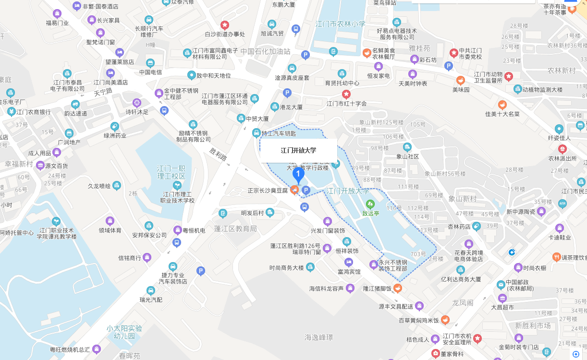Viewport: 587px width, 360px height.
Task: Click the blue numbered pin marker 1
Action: pos(298,175)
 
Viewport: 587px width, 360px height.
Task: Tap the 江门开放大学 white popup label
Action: pos(298,151)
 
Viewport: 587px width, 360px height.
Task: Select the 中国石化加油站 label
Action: pos(266,51)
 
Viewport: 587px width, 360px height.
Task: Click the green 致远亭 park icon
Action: pos(370,204)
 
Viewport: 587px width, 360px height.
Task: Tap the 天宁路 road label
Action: pos(103,91)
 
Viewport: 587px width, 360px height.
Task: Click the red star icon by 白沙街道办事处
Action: pos(224,24)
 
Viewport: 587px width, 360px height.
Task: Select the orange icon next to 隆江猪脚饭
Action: pos(398,288)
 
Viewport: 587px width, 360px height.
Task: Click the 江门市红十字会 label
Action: pos(346,104)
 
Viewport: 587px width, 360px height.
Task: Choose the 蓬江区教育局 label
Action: pos(235,229)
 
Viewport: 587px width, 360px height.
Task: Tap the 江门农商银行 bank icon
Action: pos(11,112)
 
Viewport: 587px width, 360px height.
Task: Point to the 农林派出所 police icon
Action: pos(562,149)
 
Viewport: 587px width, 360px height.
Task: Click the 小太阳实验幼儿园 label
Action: pos(124,333)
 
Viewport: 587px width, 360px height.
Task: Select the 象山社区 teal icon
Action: pos(407,147)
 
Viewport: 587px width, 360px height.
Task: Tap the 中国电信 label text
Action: pos(150,72)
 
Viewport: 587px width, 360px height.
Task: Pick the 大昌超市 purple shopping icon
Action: pos(502,298)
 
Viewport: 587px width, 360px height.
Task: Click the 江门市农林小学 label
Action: pos(340,24)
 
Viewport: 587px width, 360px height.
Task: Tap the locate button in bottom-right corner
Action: pos(576,354)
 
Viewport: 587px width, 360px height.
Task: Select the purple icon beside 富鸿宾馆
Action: pos(349,262)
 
